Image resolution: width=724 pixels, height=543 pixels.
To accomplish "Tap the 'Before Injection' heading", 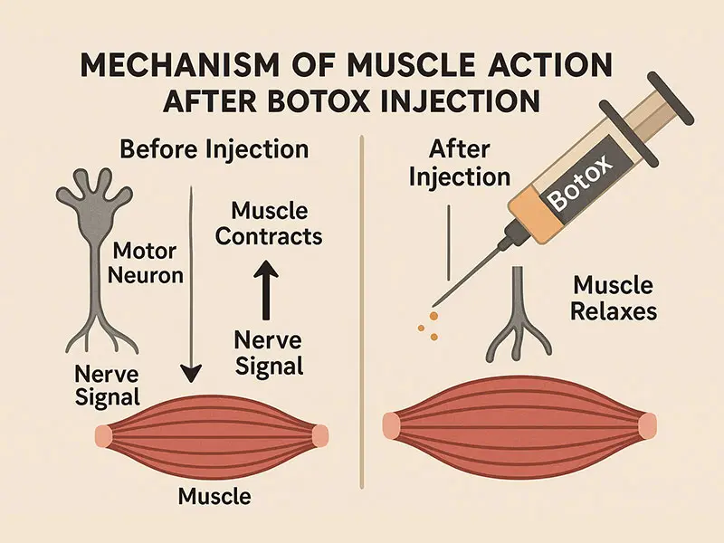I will point(215,148).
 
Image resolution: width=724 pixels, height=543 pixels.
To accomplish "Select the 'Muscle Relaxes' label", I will point(614,299).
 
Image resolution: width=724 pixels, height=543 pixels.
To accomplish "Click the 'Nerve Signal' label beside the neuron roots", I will point(107,385).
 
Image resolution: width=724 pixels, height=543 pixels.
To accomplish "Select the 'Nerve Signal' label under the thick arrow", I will point(268,353).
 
